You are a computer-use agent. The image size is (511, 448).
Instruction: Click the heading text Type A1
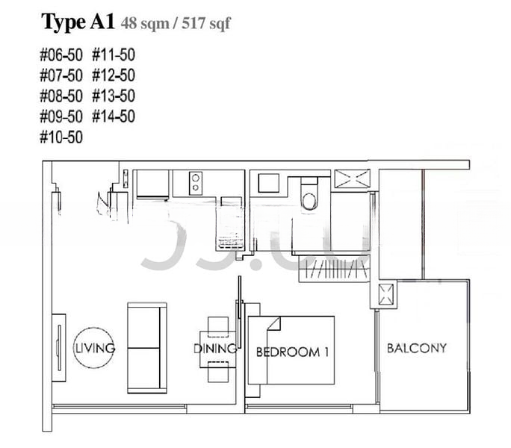[x=78, y=22]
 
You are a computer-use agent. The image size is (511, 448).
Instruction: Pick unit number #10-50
[x=62, y=137]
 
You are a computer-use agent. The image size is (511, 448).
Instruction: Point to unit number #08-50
[x=62, y=96]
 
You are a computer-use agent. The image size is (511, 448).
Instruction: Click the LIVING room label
[x=94, y=348]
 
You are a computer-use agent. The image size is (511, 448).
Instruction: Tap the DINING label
[x=214, y=349]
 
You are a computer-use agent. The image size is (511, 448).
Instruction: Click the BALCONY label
[x=416, y=347]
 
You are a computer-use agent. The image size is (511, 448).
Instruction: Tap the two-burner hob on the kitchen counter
[x=196, y=183]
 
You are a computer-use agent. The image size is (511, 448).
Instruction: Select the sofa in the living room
[x=147, y=348]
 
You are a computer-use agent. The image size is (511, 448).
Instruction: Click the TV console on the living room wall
[x=58, y=349]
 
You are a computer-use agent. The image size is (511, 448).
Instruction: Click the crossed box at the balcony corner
[x=386, y=296]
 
